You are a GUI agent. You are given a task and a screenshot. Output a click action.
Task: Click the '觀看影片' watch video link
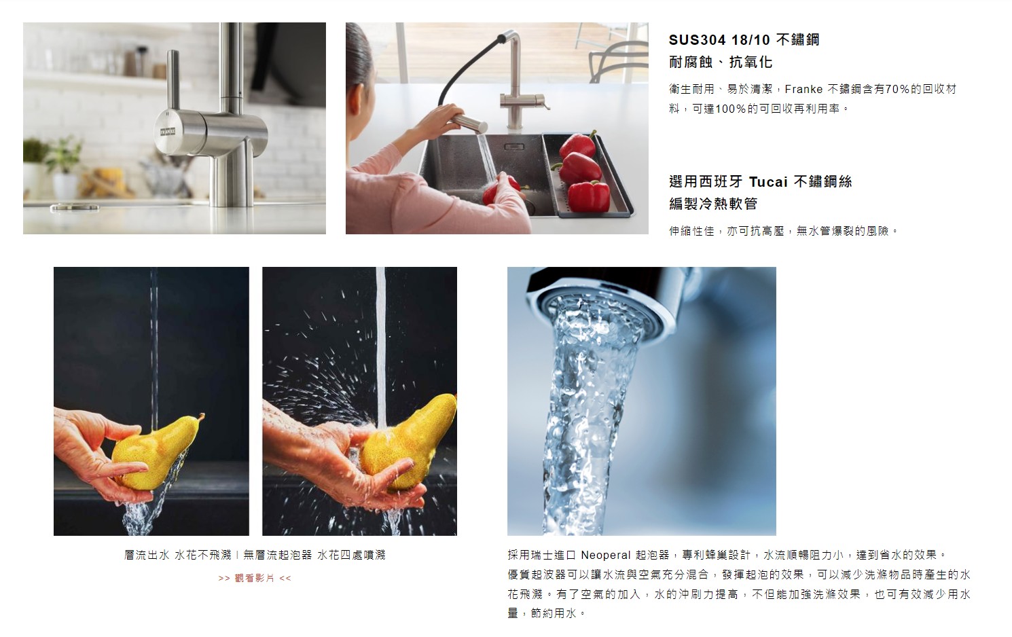(x=255, y=579)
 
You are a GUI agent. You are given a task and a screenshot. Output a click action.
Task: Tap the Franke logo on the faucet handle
(x=168, y=132)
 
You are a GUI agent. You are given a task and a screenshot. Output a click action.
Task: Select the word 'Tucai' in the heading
(x=768, y=181)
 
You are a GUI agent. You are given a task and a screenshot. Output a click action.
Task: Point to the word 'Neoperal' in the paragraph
(x=605, y=555)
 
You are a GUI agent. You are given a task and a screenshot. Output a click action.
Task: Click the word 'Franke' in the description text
(x=803, y=89)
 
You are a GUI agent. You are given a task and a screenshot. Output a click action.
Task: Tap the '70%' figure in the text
(x=897, y=89)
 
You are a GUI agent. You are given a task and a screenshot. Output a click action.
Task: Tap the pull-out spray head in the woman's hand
(x=470, y=122)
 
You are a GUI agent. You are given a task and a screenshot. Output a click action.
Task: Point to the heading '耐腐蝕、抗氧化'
(x=721, y=62)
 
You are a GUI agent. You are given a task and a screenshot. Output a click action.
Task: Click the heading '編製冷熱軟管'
(x=713, y=204)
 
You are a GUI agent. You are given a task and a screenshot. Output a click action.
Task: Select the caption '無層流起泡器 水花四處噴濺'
(x=314, y=555)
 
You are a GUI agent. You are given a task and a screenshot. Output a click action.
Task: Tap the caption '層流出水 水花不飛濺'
(x=177, y=555)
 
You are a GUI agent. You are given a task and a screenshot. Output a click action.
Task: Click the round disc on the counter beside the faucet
(x=75, y=208)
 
